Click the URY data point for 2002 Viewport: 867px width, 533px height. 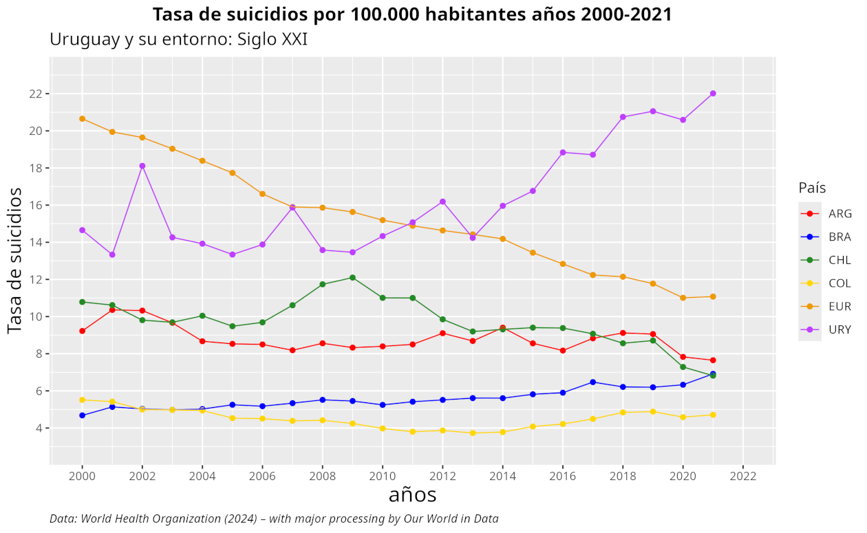pos(142,166)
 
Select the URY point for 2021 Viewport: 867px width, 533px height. pos(713,94)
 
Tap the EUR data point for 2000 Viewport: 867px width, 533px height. pos(83,119)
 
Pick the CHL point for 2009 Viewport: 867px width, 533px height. pos(352,278)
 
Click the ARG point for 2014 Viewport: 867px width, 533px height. pos(503,328)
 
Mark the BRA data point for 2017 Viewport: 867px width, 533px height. pos(593,382)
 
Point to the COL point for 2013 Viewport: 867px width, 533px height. pos(473,433)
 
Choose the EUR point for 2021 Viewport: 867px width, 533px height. pos(713,296)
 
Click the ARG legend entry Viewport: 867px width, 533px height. pos(825,214)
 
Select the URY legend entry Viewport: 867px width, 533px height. pos(825,329)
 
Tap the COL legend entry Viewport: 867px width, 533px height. pos(825,283)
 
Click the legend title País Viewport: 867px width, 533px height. pos(812,188)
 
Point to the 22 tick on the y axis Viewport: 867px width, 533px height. pos(35,94)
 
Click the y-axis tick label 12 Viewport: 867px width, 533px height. pos(35,279)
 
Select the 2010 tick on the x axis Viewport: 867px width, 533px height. pos(383,475)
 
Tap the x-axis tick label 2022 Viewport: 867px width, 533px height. pos(743,475)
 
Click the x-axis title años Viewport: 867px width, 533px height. pos(412,494)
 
